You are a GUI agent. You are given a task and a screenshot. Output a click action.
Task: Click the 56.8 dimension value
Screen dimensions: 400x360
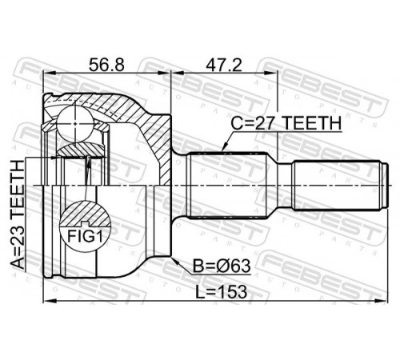pos(106,65)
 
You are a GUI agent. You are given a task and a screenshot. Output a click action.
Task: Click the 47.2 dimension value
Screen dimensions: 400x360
pos(223,65)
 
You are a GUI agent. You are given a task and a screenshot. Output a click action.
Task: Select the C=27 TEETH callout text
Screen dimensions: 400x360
pos(286,123)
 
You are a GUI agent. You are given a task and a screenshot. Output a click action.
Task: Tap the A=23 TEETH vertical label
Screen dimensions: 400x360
pos(18,214)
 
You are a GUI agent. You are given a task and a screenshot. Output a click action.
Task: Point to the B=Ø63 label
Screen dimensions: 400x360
pos(222,266)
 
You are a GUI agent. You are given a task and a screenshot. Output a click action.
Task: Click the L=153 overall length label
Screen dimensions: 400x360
pos(221,292)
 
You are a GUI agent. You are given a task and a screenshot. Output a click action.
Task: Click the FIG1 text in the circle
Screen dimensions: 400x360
pos(85,236)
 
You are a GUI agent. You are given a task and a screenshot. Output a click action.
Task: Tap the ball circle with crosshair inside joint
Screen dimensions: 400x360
pos(75,124)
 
